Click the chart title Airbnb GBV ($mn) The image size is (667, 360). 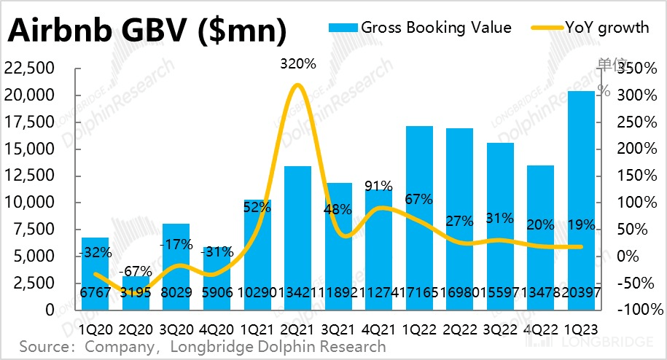click(x=147, y=32)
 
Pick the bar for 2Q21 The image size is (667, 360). click(x=297, y=233)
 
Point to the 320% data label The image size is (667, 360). click(x=298, y=64)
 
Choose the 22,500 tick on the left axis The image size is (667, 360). click(x=36, y=69)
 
